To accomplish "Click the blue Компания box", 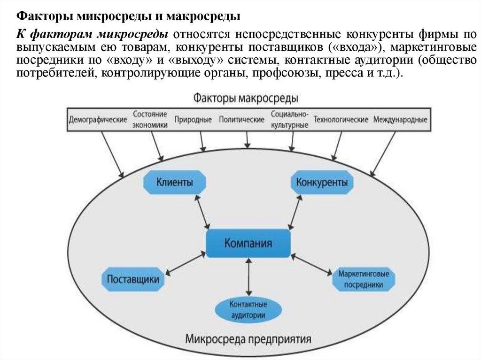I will (x=248, y=243).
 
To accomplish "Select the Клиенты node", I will (x=174, y=182).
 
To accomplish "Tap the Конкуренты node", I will (x=322, y=182).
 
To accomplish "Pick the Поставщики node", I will (x=133, y=279).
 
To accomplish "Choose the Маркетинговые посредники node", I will (x=364, y=279).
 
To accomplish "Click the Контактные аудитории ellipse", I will (x=248, y=309).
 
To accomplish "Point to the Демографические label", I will (x=98, y=120).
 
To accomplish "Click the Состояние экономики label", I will (x=150, y=120).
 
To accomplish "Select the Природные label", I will (x=193, y=120).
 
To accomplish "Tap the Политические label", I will (x=241, y=120).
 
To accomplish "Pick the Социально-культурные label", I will (x=289, y=120).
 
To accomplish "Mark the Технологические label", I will (x=341, y=120).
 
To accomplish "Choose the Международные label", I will (x=400, y=120).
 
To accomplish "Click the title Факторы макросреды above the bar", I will (x=245, y=99).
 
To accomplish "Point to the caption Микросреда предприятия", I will (x=248, y=338).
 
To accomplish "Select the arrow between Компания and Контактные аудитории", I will (x=248, y=277).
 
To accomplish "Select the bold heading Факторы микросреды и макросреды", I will (x=129, y=17).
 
